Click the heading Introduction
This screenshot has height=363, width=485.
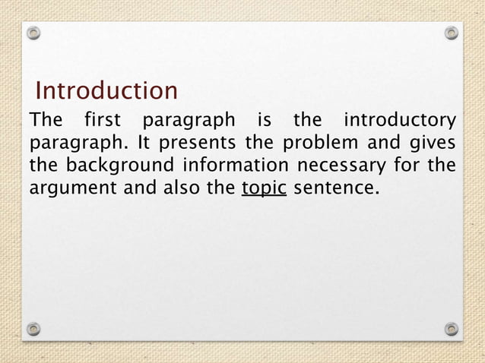[x=106, y=91]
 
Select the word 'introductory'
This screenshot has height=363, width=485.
[x=401, y=121]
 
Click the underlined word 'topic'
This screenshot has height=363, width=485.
[x=264, y=186]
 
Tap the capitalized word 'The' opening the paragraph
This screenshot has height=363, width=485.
[x=44, y=121]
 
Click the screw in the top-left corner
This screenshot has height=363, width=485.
[x=33, y=33]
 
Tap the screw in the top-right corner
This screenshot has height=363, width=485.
[x=452, y=33]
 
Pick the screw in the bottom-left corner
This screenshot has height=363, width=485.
[x=33, y=329]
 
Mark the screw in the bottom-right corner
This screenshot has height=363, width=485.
[x=452, y=329]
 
